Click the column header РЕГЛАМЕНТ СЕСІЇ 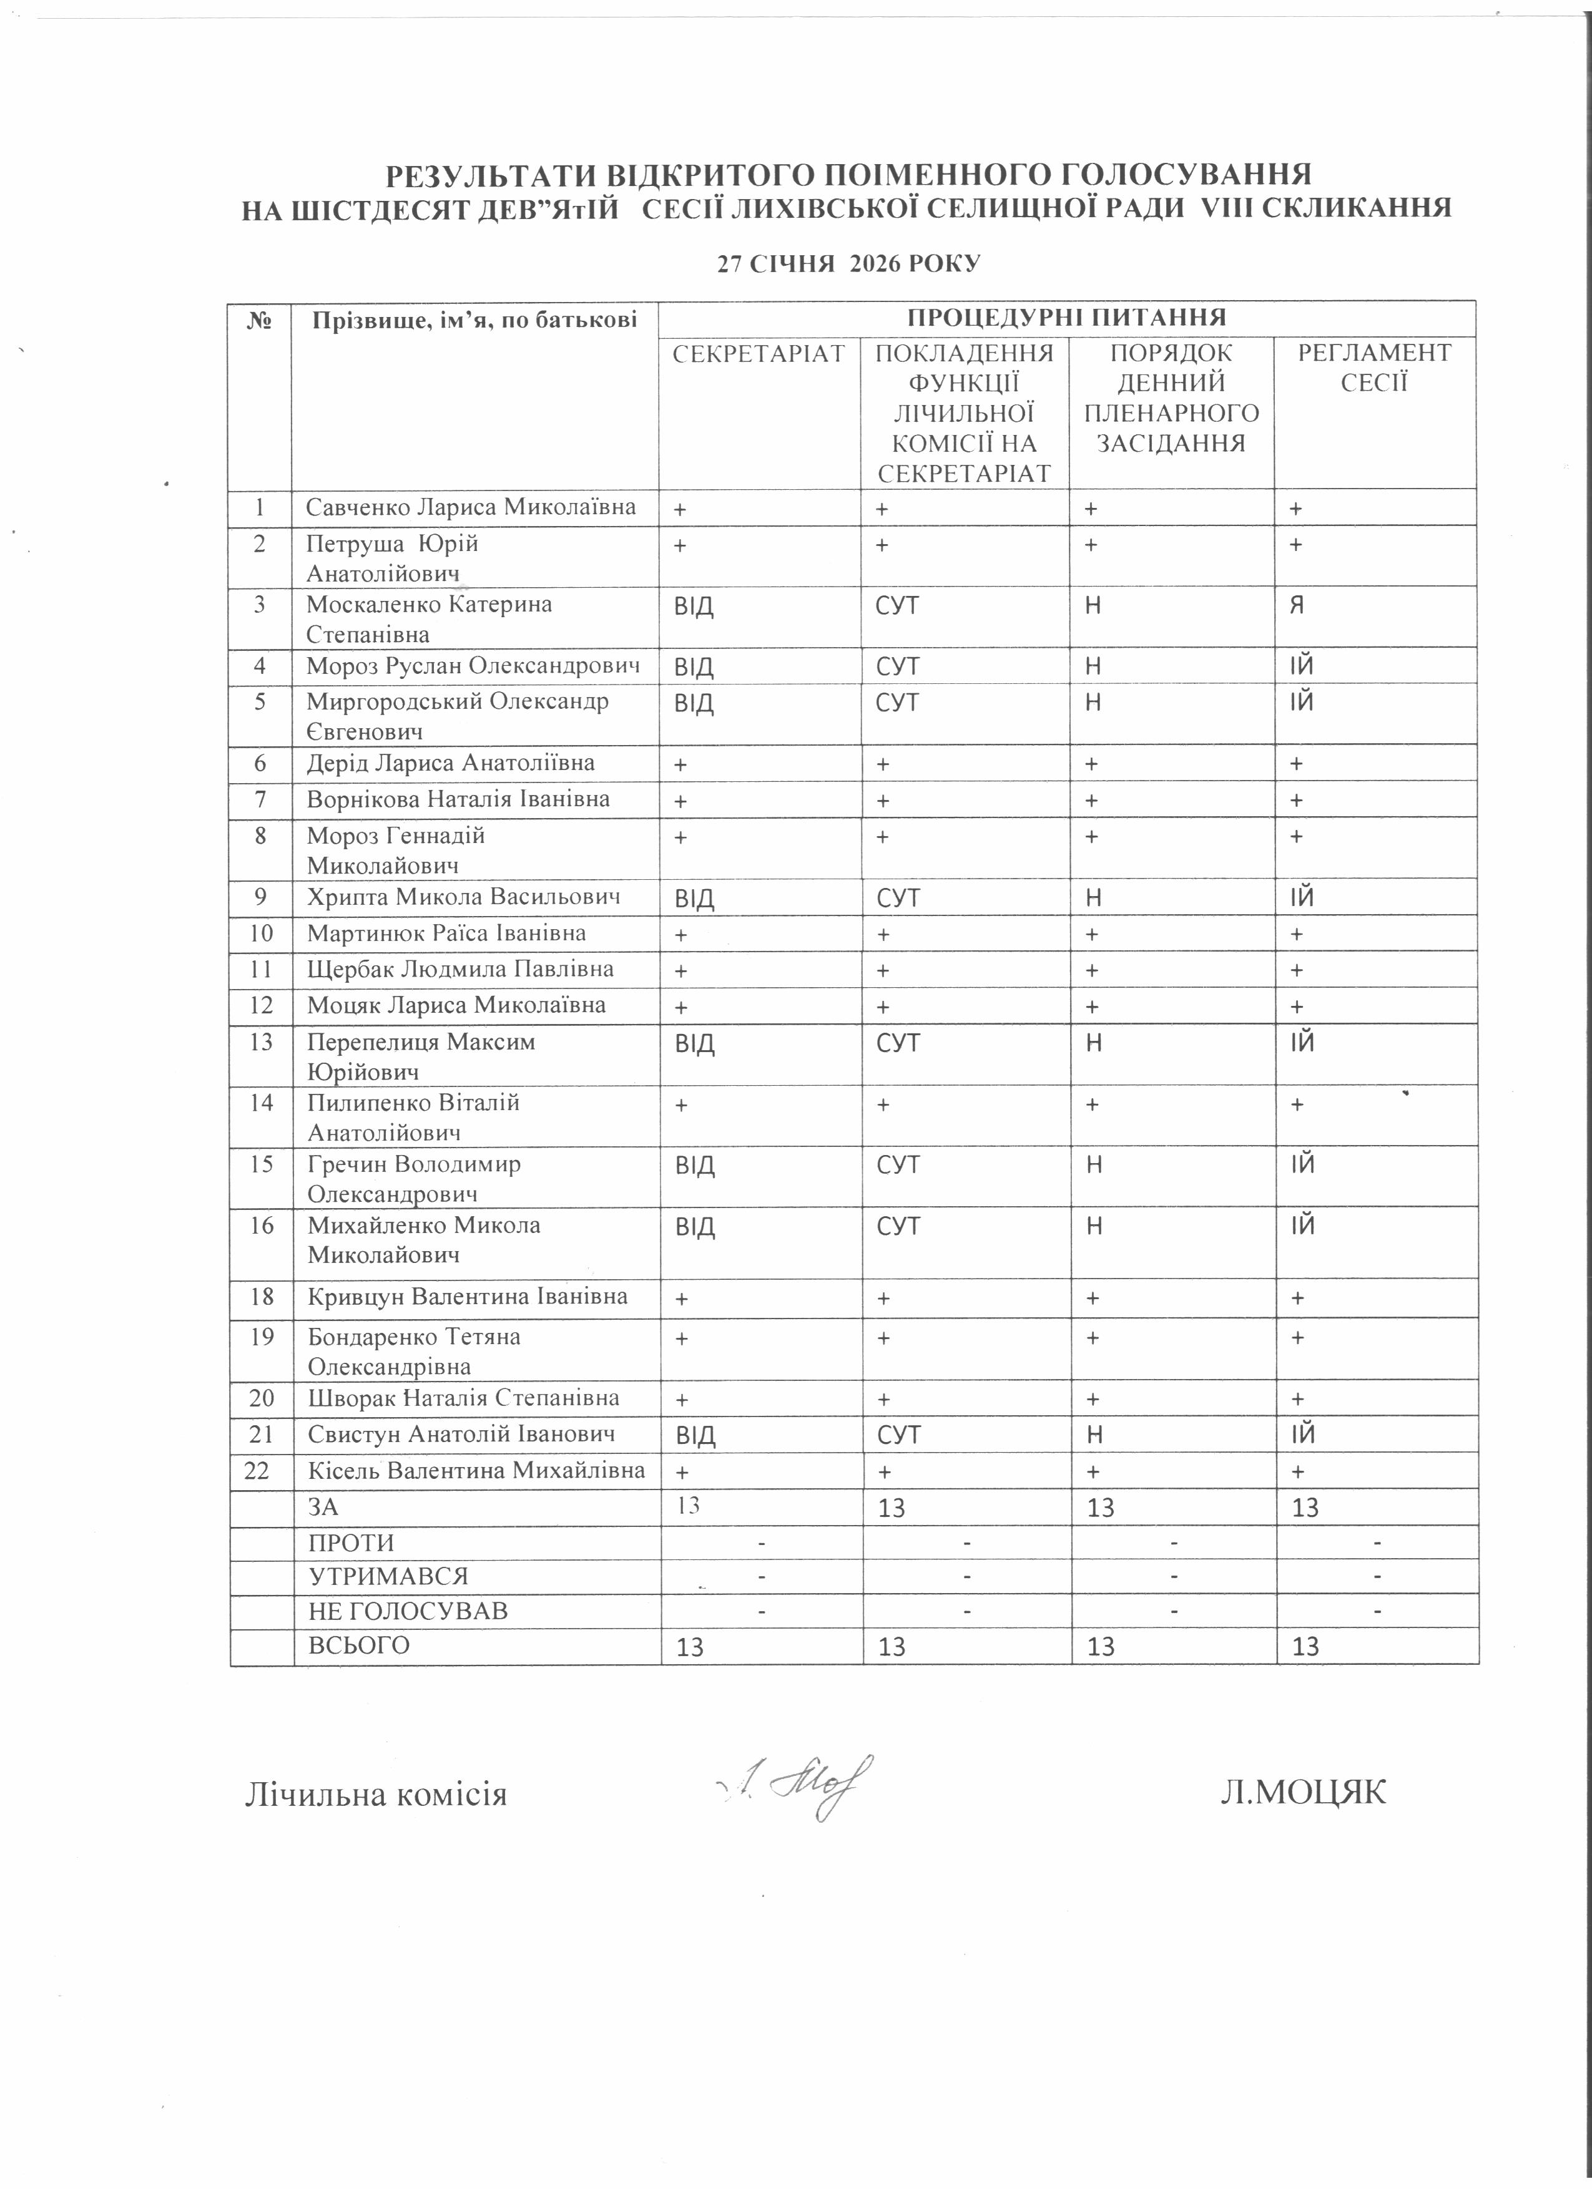(1374, 368)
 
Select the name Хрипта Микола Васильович (463, 897)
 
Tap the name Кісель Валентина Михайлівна (476, 1471)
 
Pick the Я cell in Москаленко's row (1299, 605)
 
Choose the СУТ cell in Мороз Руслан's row (898, 666)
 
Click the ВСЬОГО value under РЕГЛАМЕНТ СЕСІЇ (1305, 1647)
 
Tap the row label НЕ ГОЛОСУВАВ (408, 1611)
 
